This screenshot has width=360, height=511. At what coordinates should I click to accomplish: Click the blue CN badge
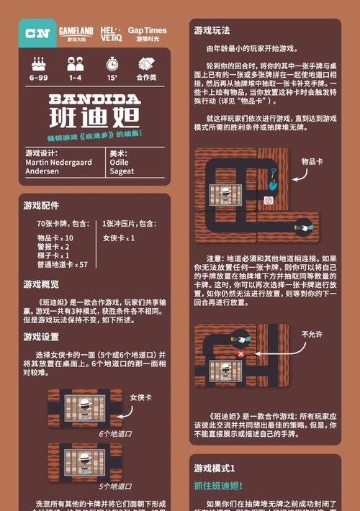37,33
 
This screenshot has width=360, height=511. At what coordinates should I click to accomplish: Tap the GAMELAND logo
76,32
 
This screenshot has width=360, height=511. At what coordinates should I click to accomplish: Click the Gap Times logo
147,33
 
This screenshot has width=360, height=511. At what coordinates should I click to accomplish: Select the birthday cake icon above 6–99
38,63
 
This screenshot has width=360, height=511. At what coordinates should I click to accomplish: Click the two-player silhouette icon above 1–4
75,63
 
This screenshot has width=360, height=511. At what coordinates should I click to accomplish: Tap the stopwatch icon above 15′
112,63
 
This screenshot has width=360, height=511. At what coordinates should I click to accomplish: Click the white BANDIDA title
95,99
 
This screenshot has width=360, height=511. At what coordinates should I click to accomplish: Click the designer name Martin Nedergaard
58,163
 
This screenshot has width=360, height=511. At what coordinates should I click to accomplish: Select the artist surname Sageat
122,171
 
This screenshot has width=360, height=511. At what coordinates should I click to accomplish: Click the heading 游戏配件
41,206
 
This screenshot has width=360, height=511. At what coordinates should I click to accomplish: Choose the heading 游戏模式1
215,468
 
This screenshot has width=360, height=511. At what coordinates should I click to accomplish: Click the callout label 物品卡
312,162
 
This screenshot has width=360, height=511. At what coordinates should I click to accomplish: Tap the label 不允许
312,335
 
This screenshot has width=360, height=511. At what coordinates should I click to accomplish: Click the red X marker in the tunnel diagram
240,354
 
